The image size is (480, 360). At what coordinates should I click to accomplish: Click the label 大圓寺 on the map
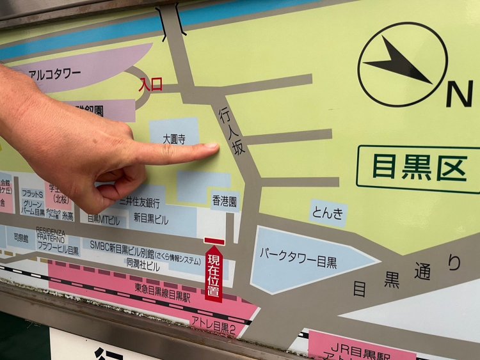[x=173, y=138]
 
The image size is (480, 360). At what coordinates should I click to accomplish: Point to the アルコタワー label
[x=55, y=74]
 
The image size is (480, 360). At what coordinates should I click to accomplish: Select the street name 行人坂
[x=232, y=131]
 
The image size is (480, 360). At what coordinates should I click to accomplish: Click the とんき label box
[x=328, y=213]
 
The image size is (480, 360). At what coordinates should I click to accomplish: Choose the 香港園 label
[x=225, y=201]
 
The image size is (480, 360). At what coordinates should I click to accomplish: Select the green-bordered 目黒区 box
[x=419, y=169]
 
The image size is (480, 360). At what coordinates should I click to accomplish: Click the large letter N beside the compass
[x=458, y=94]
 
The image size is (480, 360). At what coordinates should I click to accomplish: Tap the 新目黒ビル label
[x=151, y=219]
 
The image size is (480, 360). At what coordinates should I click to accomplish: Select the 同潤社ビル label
[x=143, y=263]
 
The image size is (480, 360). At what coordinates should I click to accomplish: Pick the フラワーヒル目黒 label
[x=58, y=250]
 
